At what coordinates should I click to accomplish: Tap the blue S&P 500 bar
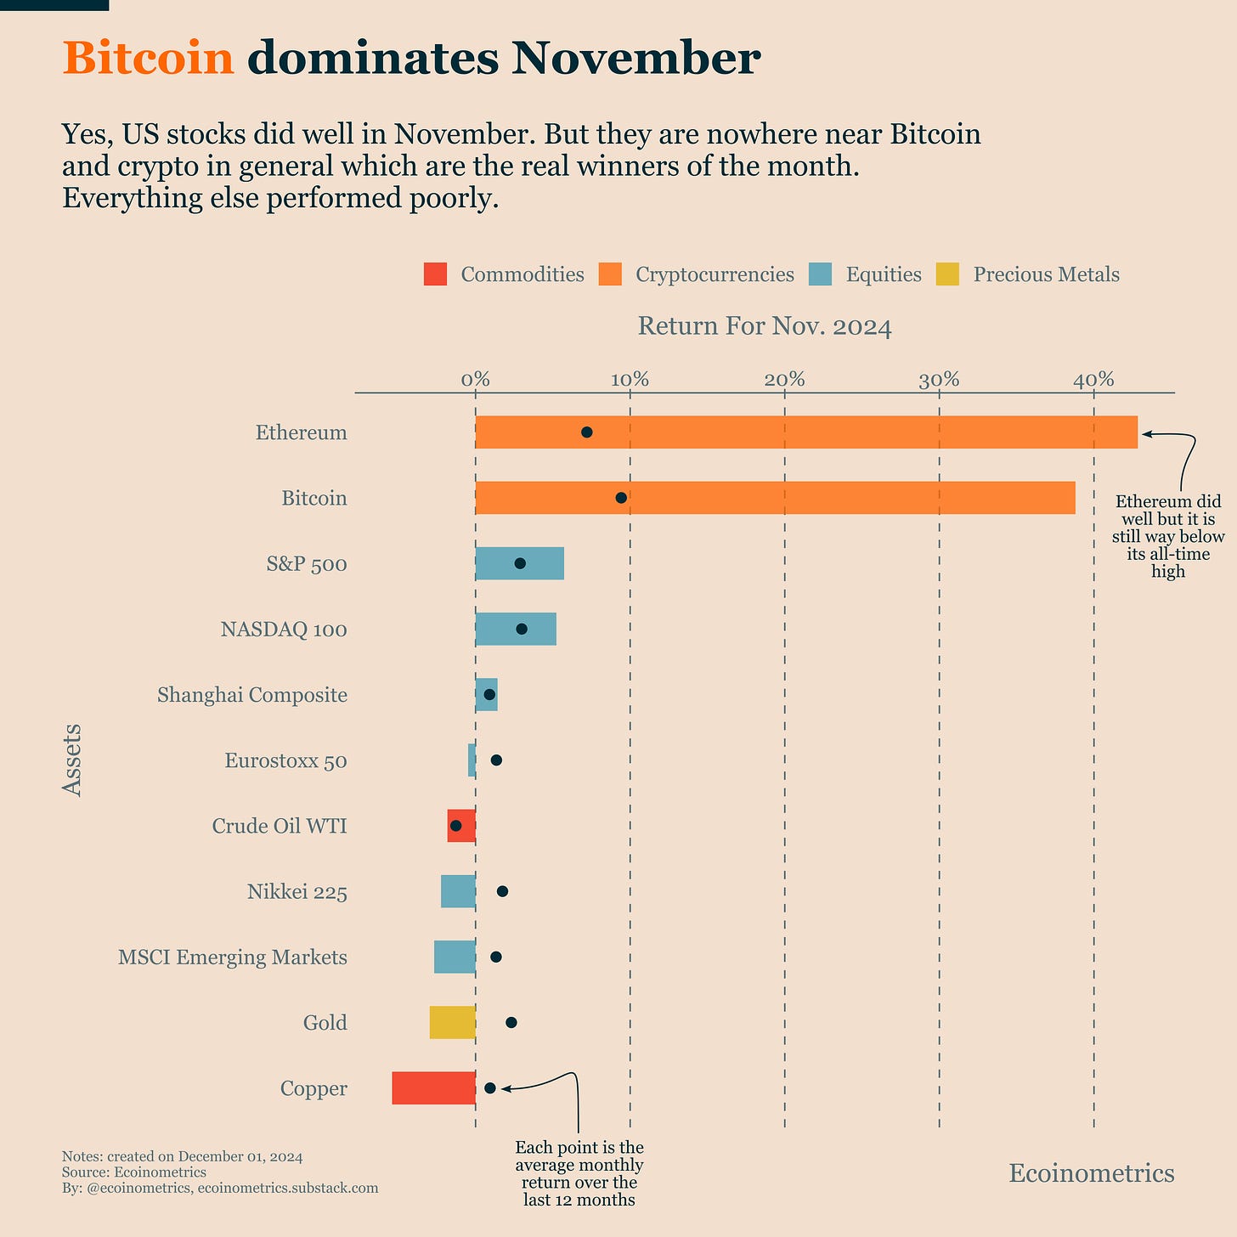tap(544, 563)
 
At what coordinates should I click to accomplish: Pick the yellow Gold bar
tap(452, 1022)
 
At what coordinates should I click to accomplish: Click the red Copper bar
tap(433, 1088)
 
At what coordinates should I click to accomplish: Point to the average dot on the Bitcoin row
tap(621, 498)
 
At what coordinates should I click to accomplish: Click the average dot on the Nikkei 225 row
tap(502, 891)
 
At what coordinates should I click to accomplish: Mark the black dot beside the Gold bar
tap(511, 1022)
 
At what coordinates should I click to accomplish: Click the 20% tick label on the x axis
tap(784, 380)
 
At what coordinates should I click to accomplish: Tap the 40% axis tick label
tap(1093, 380)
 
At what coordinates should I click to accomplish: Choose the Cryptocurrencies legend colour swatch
tap(610, 274)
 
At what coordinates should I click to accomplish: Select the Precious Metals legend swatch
tap(947, 274)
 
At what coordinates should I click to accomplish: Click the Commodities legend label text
tap(522, 274)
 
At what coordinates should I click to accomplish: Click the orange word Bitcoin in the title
tap(148, 59)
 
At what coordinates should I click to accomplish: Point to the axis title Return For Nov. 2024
tap(765, 326)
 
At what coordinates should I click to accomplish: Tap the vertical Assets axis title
tap(72, 760)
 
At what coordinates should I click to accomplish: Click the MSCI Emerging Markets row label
tap(232, 957)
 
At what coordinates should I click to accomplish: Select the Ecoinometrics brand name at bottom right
tap(1091, 1173)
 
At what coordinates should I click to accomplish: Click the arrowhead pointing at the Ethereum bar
tap(1146, 433)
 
